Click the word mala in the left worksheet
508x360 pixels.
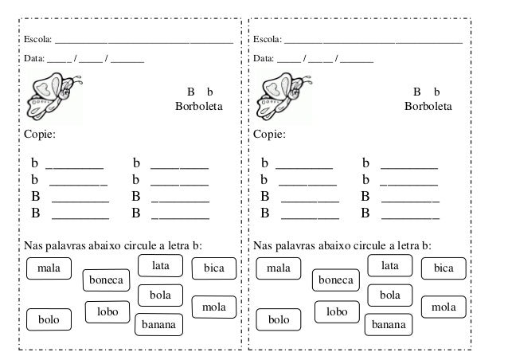(x=49, y=268)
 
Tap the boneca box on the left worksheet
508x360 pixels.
(x=106, y=281)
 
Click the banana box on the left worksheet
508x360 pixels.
(x=158, y=325)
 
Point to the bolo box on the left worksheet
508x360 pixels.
(x=49, y=320)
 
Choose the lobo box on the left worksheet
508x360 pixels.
(x=108, y=313)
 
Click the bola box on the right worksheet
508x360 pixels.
(x=389, y=295)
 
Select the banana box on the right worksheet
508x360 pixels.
(x=388, y=325)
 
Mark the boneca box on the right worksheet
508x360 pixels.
(x=335, y=281)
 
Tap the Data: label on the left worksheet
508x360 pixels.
(x=34, y=58)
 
